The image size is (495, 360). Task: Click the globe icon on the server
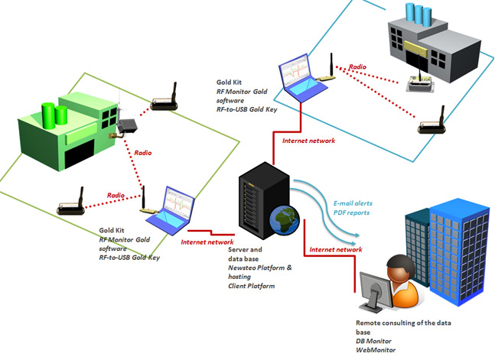[x=285, y=220]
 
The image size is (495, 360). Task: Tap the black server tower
[x=264, y=200]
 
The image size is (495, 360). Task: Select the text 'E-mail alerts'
[x=353, y=203]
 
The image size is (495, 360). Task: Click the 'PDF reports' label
[x=351, y=212]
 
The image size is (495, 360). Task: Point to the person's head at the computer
[x=401, y=269]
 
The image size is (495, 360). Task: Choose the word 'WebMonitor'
[x=376, y=350]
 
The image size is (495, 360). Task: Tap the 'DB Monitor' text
[x=373, y=341]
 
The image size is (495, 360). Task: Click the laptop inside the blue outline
[x=301, y=78]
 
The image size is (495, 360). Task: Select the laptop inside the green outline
[x=171, y=210]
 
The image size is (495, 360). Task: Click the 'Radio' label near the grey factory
[x=357, y=67]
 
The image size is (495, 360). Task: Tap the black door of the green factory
[x=80, y=154]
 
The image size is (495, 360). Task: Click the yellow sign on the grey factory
[x=415, y=49]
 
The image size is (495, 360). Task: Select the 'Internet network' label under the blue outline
[x=308, y=141]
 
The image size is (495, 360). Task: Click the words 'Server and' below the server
[x=245, y=250]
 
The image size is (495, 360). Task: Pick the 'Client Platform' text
[x=251, y=286]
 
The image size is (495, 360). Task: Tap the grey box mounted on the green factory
[x=127, y=125]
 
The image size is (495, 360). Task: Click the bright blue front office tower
[x=459, y=251]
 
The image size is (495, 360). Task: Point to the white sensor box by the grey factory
[x=420, y=83]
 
